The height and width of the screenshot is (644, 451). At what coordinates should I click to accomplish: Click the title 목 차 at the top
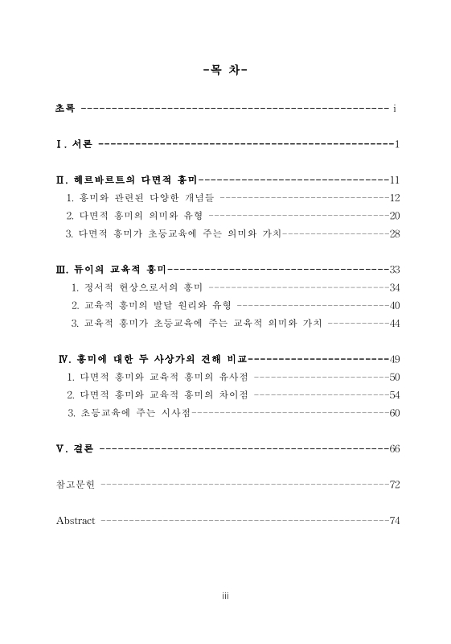(x=225, y=70)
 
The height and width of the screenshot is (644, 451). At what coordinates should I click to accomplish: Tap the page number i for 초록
(x=395, y=107)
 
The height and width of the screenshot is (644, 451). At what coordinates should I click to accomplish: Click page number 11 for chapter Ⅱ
(x=394, y=180)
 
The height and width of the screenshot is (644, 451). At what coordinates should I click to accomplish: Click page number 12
(x=394, y=197)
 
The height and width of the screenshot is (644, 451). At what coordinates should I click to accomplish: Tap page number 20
(x=394, y=215)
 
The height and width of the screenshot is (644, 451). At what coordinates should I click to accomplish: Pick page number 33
(x=394, y=269)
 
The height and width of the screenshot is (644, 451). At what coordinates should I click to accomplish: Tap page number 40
(x=394, y=305)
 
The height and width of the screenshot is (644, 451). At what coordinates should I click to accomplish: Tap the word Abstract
(x=76, y=520)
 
